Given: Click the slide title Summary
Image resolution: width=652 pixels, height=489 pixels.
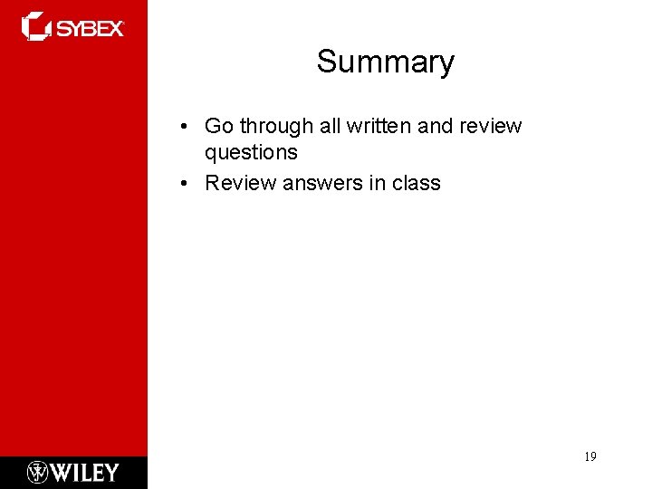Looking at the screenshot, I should pos(385,62).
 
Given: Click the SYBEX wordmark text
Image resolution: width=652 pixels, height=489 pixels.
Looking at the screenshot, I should pos(91,28).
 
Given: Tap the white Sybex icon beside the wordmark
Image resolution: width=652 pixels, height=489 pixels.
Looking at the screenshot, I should pos(37,26).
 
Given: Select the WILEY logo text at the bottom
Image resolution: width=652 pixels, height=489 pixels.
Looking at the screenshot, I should pos(85,473).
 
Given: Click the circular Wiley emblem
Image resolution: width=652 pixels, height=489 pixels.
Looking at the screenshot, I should pos(37,473).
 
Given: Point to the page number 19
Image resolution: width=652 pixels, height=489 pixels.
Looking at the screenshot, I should pos(590,457).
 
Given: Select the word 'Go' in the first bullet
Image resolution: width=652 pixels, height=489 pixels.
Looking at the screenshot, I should pos(219,126).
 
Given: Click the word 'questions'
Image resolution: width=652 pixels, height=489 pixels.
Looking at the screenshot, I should pos(251,152).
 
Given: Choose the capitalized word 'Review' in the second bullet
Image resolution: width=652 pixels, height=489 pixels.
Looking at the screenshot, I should pos(240,183).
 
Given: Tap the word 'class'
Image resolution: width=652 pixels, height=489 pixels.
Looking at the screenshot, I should pos(417,183).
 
